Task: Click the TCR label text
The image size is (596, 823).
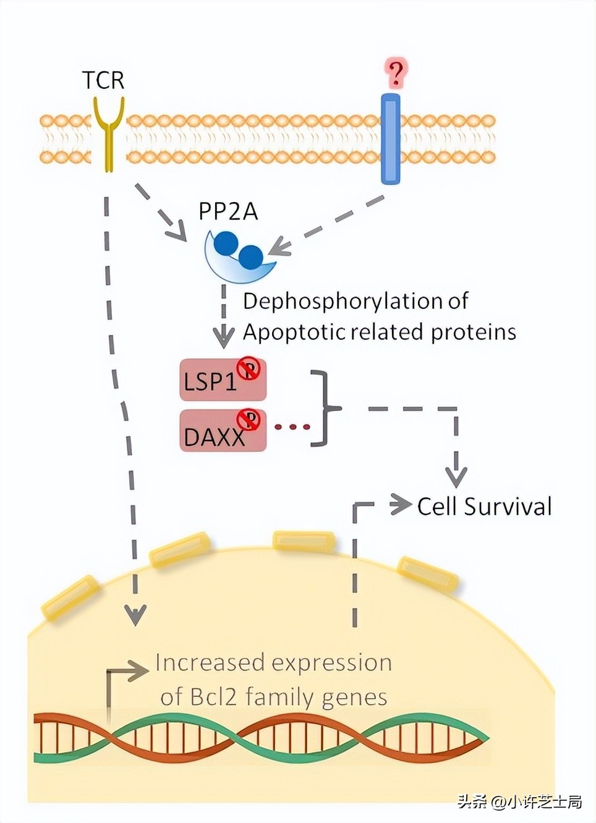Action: coord(103,80)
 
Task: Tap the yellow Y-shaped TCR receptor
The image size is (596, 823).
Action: coord(109,132)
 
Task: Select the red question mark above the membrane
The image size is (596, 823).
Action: coord(395,74)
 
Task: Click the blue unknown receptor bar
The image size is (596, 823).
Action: coord(391,139)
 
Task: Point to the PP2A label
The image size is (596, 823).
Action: coord(228,212)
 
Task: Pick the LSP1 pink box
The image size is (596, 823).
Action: coord(223,380)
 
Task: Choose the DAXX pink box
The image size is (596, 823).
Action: coord(223,431)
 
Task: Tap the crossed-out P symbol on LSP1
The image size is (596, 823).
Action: coord(249,369)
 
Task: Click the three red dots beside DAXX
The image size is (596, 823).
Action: coord(292,427)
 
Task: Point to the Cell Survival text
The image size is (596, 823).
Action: coord(484,507)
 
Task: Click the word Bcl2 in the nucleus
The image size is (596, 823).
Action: coord(215,697)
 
